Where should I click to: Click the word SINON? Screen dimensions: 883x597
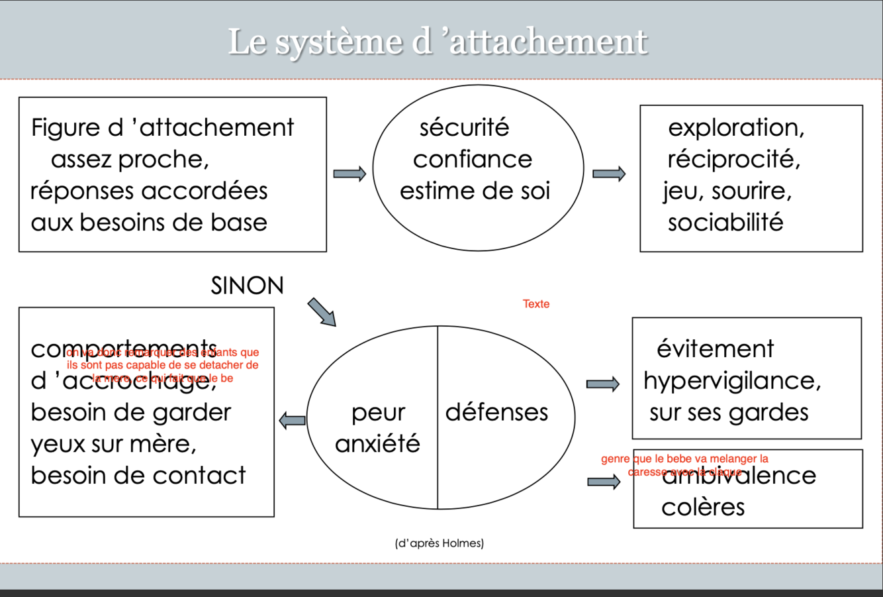247,286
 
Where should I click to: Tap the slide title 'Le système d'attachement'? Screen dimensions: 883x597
438,41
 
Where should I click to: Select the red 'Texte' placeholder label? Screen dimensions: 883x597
535,304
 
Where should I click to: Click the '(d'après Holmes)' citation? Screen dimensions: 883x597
440,543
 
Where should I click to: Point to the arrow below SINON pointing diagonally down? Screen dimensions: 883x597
322,312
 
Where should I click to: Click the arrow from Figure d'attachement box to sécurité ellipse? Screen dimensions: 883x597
349,174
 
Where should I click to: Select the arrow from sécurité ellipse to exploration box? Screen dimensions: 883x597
609,174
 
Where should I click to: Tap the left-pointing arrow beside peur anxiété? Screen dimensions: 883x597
293,419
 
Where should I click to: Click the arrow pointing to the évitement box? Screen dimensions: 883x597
603,384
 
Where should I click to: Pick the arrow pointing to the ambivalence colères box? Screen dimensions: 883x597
604,482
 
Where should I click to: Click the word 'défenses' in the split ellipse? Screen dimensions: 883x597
496,412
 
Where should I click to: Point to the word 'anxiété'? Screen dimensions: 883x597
377,443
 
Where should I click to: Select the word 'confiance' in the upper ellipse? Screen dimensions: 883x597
472,159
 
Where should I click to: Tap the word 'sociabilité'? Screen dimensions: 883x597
725,223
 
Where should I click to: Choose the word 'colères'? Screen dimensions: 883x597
703,508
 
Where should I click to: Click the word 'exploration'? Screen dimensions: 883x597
736,127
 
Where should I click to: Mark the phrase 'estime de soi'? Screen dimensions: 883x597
475,191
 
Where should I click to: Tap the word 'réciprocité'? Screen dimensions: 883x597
733,159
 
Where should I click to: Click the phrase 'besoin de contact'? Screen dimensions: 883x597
138,475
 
